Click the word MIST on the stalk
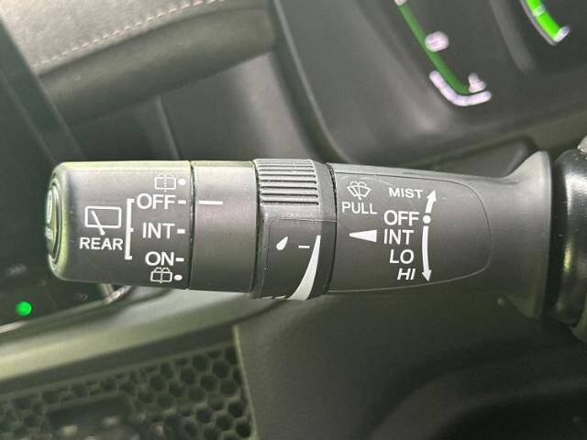point(405,192)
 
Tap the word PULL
point(359,208)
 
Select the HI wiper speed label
point(405,275)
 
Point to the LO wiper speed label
point(402,257)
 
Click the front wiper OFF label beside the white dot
point(401,218)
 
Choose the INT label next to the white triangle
point(398,237)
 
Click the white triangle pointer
point(363,236)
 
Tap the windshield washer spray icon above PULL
point(359,191)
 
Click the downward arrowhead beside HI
point(426,276)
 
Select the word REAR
point(101,244)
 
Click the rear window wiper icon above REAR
point(103,220)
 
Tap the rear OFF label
point(156,202)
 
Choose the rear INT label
point(159,231)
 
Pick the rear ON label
point(160,258)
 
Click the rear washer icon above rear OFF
point(165,181)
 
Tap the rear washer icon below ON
point(161,275)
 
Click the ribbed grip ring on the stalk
point(287,181)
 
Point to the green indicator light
point(24,308)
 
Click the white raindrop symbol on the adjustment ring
point(282,243)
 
